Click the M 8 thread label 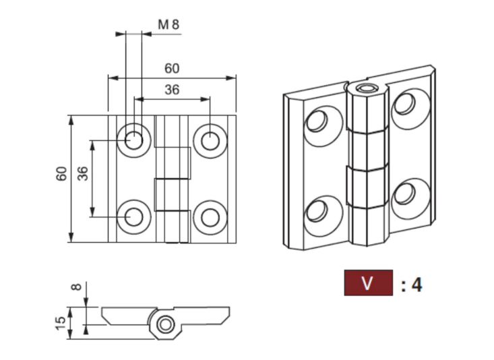pos(168,25)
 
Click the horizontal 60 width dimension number pos(172,68)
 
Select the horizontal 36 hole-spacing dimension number pos(172,89)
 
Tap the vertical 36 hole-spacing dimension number pos(82,174)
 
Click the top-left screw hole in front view pos(133,140)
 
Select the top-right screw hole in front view pos(210,140)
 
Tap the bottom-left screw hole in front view pos(133,216)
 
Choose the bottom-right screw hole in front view pos(210,216)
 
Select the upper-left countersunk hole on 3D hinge pos(316,121)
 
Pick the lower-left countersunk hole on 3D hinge pos(316,211)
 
